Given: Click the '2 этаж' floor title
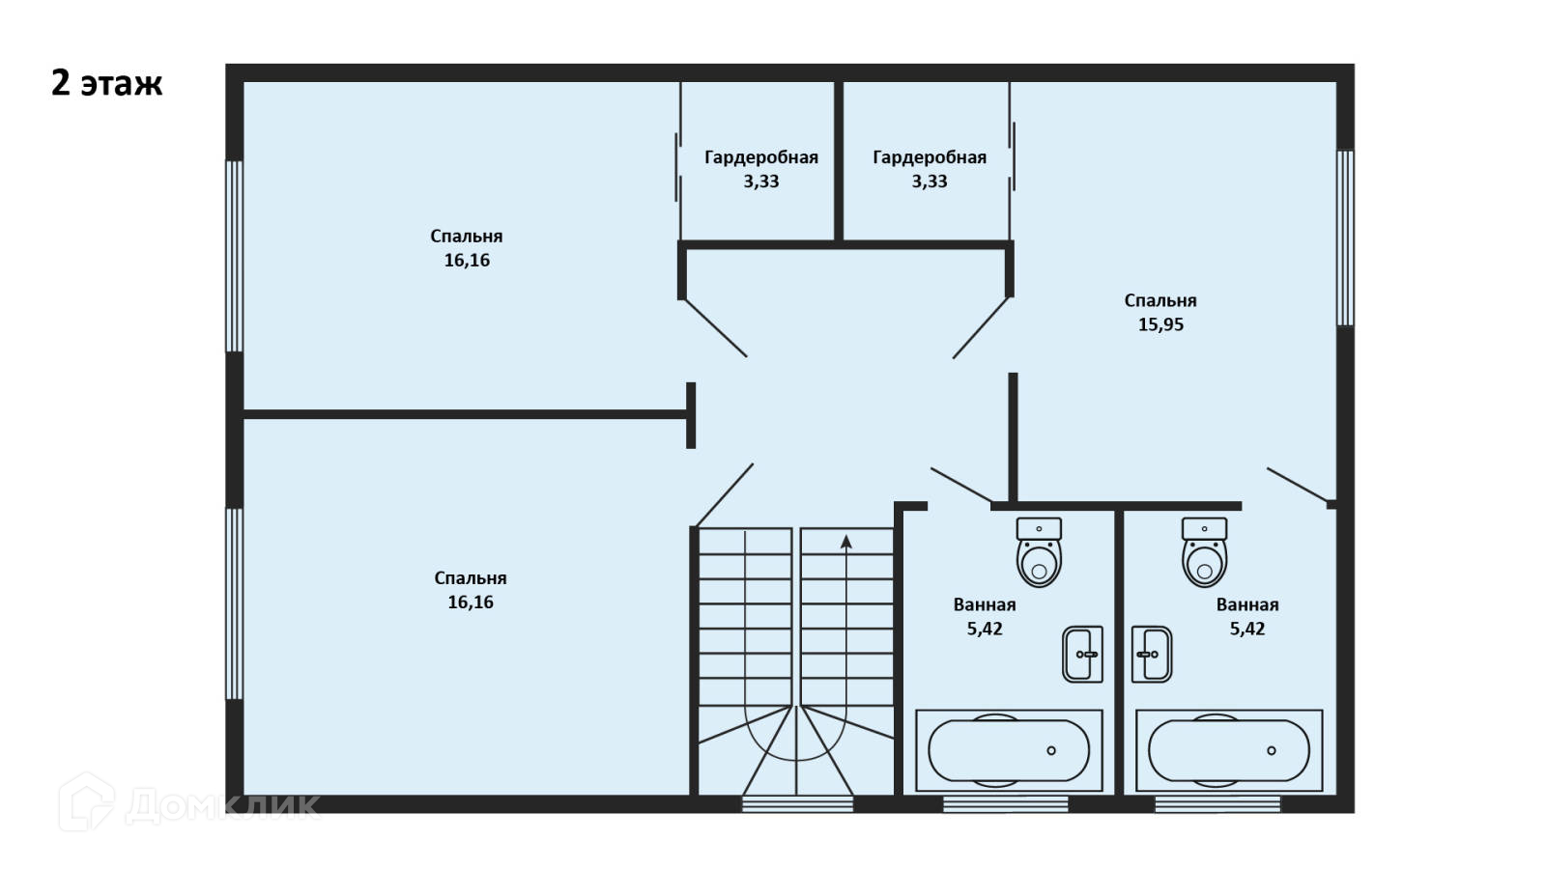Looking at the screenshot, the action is click(106, 84).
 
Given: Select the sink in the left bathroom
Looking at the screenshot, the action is click(1082, 655).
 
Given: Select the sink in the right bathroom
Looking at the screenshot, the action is click(1152, 655).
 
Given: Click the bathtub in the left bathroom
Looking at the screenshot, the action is click(1009, 750).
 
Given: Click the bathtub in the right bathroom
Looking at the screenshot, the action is click(1229, 750).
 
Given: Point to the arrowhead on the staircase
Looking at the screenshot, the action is click(846, 542).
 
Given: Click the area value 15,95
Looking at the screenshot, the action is click(1160, 325).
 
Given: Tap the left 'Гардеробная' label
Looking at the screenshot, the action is click(761, 157).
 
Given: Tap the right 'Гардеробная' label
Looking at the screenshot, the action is click(930, 157).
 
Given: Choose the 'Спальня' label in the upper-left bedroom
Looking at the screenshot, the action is click(467, 237).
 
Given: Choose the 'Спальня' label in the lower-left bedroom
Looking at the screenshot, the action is click(471, 578).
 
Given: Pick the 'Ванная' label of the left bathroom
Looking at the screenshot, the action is click(985, 605).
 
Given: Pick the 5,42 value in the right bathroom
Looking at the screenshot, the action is click(1246, 629).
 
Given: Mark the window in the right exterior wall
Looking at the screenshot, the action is click(1345, 238).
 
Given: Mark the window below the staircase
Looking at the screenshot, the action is click(797, 803).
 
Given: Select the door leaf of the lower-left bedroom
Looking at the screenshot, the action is click(724, 495).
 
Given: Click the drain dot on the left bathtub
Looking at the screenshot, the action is click(1051, 750).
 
